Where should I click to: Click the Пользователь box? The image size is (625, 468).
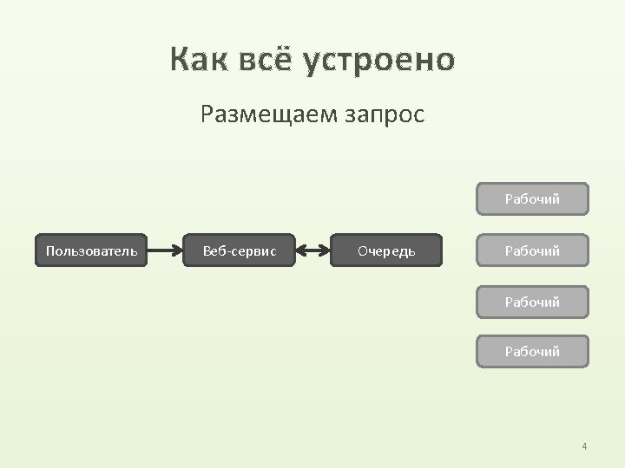(91, 250)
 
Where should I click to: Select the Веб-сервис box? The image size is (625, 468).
(240, 250)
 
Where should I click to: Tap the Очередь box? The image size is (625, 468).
(386, 250)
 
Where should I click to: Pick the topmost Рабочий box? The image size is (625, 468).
(532, 198)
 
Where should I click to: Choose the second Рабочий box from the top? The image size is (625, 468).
(532, 250)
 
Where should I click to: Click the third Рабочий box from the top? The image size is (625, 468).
(532, 302)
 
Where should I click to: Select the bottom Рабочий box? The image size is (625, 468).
(532, 351)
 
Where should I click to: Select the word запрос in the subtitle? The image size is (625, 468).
(382, 114)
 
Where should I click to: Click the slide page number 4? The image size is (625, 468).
(584, 446)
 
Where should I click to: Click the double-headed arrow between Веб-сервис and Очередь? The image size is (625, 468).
(312, 250)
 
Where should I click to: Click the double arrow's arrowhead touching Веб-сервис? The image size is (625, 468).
(300, 250)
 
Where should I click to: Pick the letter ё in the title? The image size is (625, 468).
(288, 60)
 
